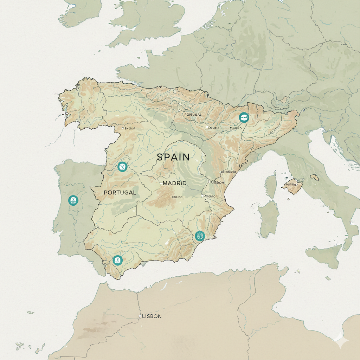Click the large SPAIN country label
click(x=173, y=157)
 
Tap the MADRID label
click(x=175, y=184)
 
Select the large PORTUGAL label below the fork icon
click(x=120, y=193)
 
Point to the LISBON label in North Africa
click(x=152, y=316)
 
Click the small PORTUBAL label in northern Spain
click(x=193, y=115)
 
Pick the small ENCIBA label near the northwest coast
click(x=129, y=129)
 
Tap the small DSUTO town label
click(x=214, y=128)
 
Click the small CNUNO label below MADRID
click(x=177, y=197)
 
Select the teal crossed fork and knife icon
click(x=122, y=167)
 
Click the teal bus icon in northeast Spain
click(x=243, y=117)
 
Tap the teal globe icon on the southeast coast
click(x=200, y=236)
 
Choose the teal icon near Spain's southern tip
click(x=117, y=260)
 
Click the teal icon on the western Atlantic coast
click(x=73, y=200)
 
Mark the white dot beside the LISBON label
click(x=140, y=316)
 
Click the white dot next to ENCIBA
click(x=122, y=129)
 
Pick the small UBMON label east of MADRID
click(x=217, y=182)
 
